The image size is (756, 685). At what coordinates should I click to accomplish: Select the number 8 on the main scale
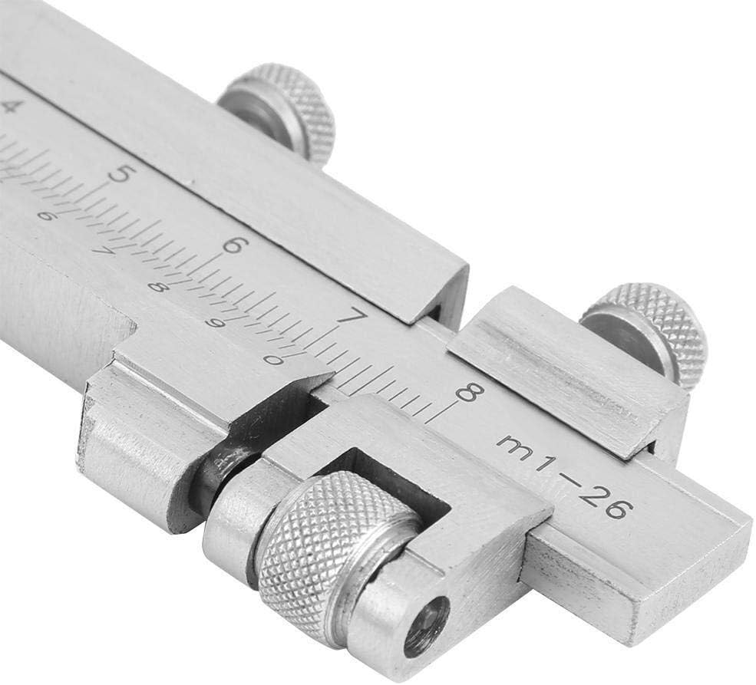[x=467, y=393]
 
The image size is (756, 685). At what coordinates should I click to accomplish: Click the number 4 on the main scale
[x=9, y=106]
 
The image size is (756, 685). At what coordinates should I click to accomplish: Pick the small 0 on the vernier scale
[x=270, y=358]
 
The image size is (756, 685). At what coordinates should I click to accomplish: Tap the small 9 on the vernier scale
[x=216, y=323]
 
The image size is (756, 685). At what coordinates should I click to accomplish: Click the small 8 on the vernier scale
[x=157, y=287]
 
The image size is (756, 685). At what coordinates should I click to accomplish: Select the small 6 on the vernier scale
[x=46, y=216]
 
